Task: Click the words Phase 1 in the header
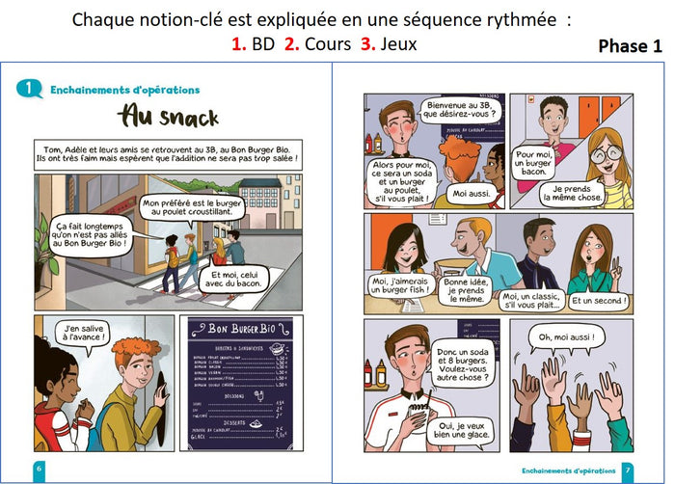pyautogui.click(x=630, y=46)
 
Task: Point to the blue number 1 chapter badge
pyautogui.click(x=30, y=89)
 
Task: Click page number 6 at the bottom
pyautogui.click(x=38, y=468)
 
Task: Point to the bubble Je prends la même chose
pyautogui.click(x=572, y=191)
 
